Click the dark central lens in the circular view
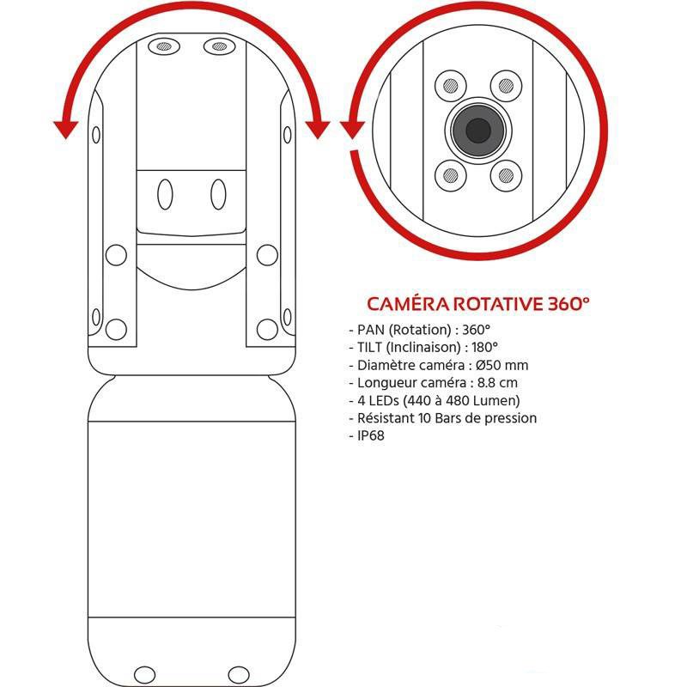point(478,131)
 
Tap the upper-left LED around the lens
point(450,86)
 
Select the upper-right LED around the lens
point(506,86)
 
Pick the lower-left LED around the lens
point(450,176)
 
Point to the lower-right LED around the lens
point(506,176)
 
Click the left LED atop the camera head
point(164,46)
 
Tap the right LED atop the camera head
point(220,46)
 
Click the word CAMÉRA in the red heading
point(408,304)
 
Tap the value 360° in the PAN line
point(476,330)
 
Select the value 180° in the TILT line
point(484,348)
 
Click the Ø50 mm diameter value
point(502,365)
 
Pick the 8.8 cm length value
point(497,382)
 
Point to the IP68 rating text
point(371,435)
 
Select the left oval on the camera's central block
point(165,194)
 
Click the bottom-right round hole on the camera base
point(239,675)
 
